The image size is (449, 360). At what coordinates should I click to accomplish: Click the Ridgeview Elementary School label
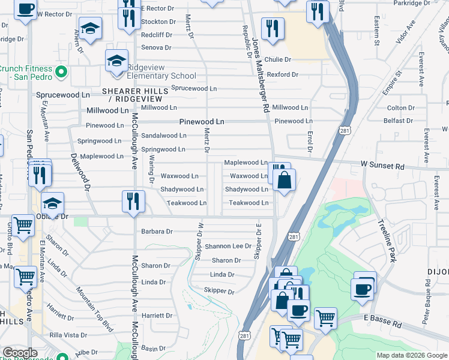161,76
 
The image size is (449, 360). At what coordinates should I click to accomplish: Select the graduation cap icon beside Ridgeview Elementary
117,61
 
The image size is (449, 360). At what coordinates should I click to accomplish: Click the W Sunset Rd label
382,164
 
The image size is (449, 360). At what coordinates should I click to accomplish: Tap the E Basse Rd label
383,322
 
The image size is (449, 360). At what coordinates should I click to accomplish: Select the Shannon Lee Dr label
228,246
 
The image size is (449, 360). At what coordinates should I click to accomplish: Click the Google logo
20,353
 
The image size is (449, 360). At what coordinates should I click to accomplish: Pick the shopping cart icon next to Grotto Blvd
23,227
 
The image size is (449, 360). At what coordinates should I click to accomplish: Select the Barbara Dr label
157,231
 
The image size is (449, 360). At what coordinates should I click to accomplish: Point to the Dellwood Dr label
81,172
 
